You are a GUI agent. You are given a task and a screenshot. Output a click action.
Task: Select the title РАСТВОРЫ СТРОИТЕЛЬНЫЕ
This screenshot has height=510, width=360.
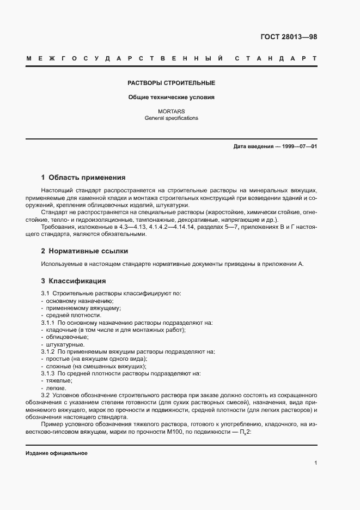tap(171, 83)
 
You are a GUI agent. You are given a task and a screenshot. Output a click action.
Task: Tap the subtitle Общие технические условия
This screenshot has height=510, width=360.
tap(171, 98)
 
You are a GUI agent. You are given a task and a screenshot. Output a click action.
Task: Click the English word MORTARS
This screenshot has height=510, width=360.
tap(171, 112)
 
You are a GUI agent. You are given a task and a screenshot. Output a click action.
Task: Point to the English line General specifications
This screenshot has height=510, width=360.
tap(171, 118)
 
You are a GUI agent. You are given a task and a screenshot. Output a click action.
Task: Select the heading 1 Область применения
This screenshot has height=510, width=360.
tap(83, 178)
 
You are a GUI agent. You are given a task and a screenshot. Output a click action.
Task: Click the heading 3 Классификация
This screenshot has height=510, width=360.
tap(74, 281)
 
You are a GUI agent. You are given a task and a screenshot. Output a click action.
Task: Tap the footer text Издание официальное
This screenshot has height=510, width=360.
tap(57, 453)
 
